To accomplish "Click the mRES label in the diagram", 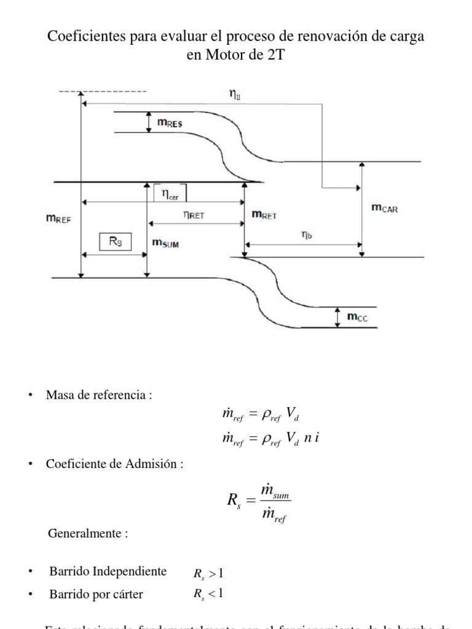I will click(170, 123).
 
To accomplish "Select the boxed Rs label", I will click(116, 242).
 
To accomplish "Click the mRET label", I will click(264, 215).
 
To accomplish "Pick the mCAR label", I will click(385, 209).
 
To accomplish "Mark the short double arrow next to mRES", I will click(149, 122).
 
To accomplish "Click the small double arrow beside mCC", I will click(337, 317).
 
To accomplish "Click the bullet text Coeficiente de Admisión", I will click(115, 464).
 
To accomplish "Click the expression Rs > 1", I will click(209, 574).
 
